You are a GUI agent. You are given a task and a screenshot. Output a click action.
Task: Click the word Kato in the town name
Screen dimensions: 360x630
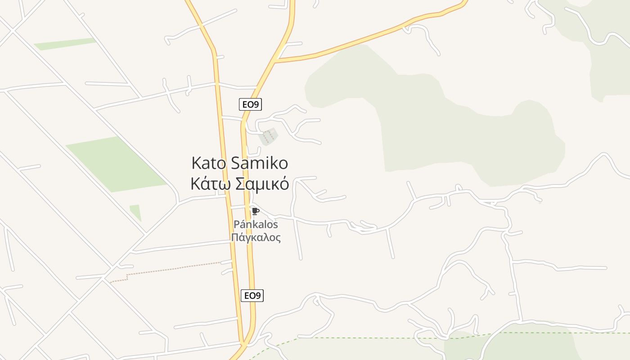pos(209,163)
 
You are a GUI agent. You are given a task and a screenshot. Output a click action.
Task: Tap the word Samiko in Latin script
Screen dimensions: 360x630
pos(259,163)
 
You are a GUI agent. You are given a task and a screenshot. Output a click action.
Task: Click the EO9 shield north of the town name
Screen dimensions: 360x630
pos(250,105)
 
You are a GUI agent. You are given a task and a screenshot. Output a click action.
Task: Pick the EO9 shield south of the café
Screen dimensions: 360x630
pos(252,296)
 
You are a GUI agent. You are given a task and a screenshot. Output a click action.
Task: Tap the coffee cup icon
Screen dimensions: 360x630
pos(255,211)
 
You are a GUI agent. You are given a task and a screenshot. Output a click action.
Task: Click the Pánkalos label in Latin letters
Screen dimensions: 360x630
pos(256,224)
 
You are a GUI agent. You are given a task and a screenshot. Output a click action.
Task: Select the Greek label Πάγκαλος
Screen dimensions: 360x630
pos(256,238)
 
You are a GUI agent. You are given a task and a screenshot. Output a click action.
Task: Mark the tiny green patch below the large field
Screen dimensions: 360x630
pos(135,211)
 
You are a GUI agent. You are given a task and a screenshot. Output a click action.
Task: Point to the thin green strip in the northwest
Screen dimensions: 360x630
pos(65,44)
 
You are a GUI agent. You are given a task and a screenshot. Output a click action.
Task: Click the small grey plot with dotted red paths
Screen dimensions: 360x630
pos(268,136)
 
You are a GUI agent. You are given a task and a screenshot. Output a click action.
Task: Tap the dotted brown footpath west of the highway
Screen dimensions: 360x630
pos(171,270)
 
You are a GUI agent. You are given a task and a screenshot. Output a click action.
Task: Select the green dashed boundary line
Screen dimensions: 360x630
pos(382,338)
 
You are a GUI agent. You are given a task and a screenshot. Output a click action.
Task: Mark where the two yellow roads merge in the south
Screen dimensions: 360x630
pos(245,344)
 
